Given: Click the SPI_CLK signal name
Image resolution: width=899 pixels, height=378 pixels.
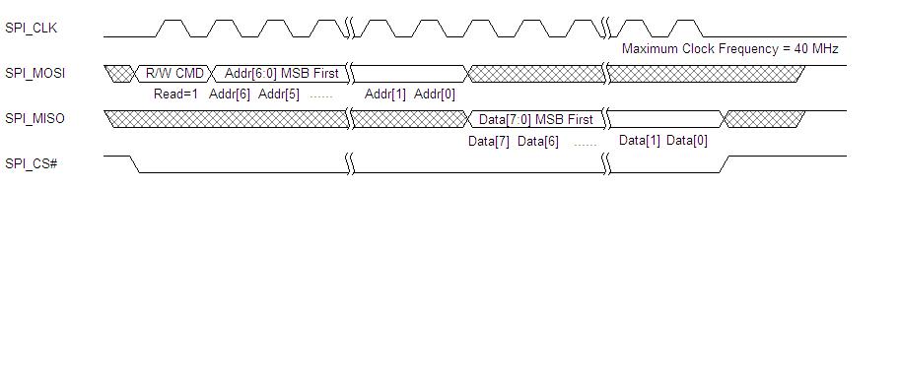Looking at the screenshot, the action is click(31, 29).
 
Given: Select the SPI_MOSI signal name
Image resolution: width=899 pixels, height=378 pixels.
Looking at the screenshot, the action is click(35, 73).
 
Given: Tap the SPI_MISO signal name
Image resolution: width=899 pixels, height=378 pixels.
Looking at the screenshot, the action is click(35, 118).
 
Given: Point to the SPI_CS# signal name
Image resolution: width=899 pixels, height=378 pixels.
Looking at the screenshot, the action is click(31, 163).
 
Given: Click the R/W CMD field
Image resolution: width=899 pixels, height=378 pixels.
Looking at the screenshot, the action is click(174, 73).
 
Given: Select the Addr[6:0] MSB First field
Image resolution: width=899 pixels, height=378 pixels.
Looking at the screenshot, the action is click(282, 73).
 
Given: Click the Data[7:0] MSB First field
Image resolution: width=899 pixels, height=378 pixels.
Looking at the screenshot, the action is click(536, 119).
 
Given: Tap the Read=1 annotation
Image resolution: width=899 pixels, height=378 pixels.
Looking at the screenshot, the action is click(175, 94).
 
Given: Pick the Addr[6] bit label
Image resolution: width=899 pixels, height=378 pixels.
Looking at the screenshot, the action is click(230, 94).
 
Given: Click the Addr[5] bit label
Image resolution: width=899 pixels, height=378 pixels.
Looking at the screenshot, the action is click(279, 94).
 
